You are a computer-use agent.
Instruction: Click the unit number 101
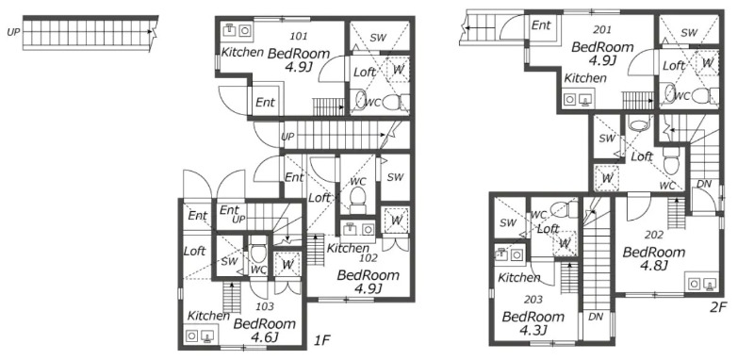299,36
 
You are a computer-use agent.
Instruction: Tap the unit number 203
533,300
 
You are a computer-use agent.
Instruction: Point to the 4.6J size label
265,337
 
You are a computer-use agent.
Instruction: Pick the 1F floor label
322,341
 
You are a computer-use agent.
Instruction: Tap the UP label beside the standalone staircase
13,33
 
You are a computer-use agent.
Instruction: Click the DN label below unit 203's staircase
596,317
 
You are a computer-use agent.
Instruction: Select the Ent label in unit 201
541,25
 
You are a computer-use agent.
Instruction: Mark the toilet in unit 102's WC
358,200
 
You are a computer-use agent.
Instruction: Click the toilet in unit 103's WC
258,248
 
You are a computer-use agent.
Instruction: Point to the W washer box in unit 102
396,221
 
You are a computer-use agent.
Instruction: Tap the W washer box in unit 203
564,244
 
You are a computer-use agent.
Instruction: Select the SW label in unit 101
379,38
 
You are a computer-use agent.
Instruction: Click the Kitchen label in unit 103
208,316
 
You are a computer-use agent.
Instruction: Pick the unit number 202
654,235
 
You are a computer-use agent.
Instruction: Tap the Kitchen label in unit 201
585,78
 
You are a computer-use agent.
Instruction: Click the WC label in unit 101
372,103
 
